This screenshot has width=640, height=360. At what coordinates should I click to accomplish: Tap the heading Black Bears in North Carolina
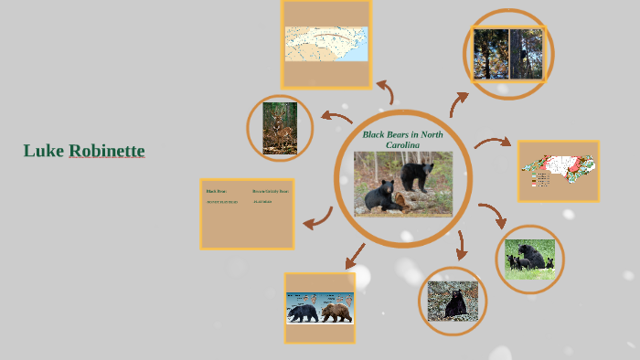click(402, 139)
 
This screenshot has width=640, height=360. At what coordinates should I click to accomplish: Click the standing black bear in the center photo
click(417, 174)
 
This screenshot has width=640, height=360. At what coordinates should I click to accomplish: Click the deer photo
click(280, 128)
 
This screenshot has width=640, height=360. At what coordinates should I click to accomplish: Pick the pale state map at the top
click(325, 44)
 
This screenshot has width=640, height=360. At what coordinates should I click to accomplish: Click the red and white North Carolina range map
click(558, 170)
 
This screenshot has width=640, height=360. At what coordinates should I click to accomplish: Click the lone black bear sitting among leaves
click(454, 301)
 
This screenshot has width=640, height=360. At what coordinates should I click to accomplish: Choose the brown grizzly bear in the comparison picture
click(336, 312)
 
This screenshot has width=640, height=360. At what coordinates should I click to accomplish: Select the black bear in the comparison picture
click(302, 312)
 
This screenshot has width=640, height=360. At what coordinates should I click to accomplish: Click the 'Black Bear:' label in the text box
click(216, 191)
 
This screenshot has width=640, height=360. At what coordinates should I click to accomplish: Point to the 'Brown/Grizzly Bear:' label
click(270, 191)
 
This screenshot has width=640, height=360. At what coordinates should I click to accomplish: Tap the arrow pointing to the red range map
click(493, 143)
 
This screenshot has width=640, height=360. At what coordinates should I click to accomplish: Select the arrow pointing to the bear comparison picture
click(355, 256)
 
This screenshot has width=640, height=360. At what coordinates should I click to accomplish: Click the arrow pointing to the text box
click(317, 218)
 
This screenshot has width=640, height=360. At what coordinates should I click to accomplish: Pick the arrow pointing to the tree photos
click(458, 101)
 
